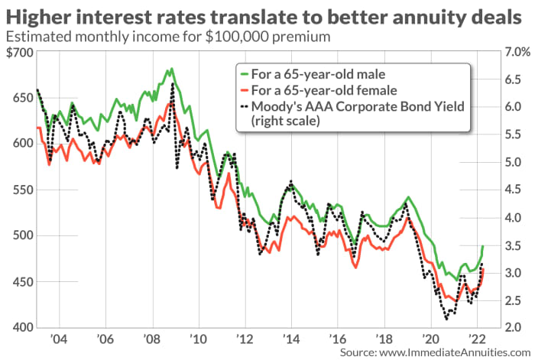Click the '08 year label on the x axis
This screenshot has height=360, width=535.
151,338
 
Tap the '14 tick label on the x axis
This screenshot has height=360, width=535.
291,338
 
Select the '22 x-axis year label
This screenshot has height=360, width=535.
478,338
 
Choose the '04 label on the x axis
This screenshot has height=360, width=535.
57,338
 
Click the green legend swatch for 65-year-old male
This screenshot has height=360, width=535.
242,74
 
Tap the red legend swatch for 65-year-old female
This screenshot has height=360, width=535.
242,89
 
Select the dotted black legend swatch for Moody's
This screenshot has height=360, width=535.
242,105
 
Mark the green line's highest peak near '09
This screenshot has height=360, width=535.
170,70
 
